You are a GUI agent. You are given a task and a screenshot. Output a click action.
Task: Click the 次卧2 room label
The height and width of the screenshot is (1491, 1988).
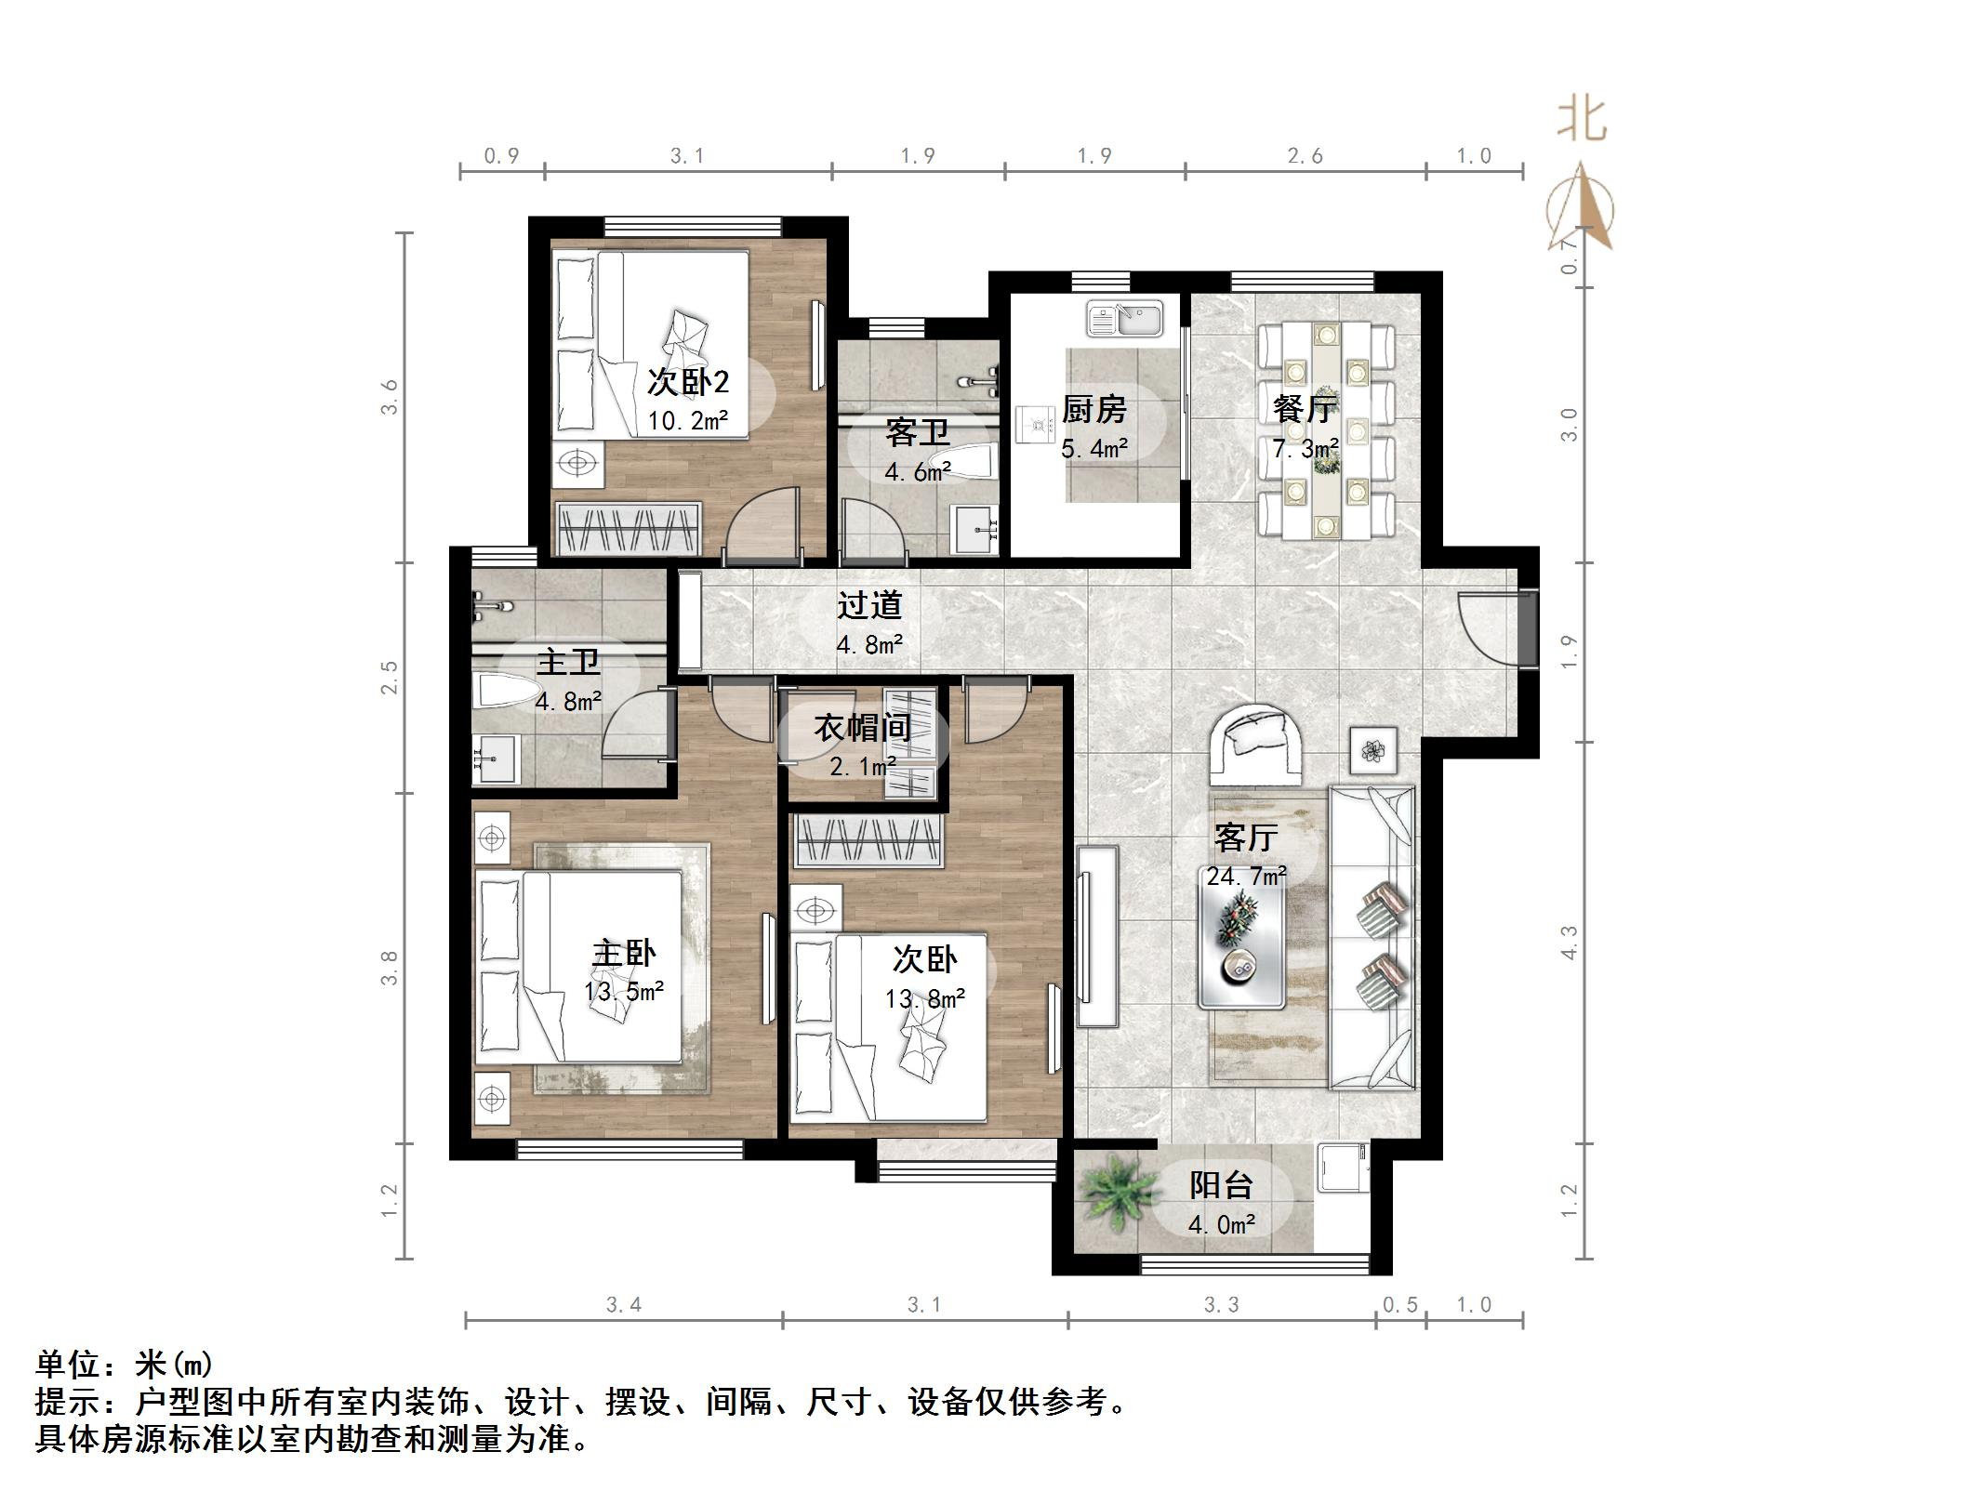click(x=687, y=382)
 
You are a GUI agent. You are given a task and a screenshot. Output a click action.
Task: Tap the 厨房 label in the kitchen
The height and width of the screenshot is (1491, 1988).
click(x=1093, y=410)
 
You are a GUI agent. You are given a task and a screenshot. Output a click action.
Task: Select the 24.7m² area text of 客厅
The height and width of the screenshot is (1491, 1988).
click(x=1246, y=876)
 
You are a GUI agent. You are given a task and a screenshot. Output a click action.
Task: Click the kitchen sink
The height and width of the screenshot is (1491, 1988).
click(x=1125, y=319)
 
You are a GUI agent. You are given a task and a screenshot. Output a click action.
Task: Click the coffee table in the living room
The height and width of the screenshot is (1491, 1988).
click(x=1241, y=943)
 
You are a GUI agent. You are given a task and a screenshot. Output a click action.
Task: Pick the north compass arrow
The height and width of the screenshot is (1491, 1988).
click(x=1581, y=209)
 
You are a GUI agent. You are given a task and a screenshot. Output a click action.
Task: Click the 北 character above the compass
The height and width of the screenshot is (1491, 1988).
click(x=1582, y=120)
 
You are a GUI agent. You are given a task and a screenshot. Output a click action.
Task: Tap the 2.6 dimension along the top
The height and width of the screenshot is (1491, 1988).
click(x=1305, y=156)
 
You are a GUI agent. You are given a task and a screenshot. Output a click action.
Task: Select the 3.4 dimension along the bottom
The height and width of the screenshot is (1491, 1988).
click(x=624, y=1305)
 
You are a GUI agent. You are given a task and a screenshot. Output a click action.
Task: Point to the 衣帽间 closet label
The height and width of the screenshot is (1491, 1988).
click(x=862, y=728)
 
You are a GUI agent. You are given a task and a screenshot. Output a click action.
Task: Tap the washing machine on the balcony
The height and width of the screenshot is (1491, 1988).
click(x=1343, y=1168)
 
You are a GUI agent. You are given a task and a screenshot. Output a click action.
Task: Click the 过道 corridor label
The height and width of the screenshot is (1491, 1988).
click(x=869, y=606)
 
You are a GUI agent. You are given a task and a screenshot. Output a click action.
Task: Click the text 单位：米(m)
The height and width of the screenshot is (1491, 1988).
click(x=125, y=1365)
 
